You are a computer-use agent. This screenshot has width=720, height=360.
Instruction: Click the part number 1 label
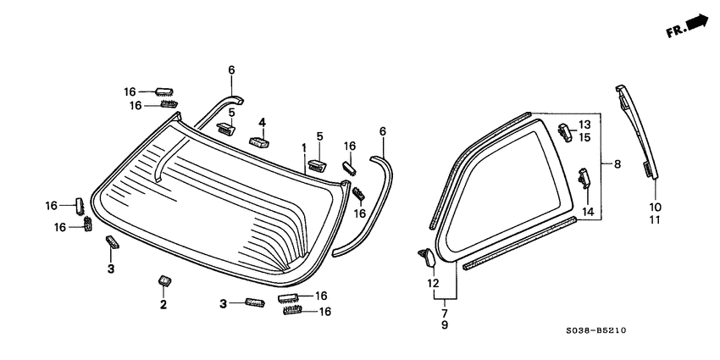tap(302, 147)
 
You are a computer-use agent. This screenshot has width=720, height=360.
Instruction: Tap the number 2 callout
tap(163, 303)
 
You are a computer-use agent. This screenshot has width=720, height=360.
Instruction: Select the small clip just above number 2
tap(164, 280)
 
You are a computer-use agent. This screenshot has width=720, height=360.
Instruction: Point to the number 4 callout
tap(263, 123)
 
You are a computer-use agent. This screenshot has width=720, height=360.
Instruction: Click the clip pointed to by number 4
tap(259, 141)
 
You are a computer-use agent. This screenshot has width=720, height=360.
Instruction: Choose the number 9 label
tap(445, 324)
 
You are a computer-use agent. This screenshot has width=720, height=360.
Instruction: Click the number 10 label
tap(655, 207)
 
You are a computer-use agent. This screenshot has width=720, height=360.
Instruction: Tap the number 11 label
tap(655, 219)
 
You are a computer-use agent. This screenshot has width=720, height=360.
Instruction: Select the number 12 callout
tap(434, 283)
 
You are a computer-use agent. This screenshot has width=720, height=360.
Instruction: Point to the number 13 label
tap(584, 125)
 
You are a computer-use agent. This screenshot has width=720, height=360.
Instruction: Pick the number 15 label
tap(584, 137)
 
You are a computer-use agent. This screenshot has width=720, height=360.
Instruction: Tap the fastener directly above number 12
tap(427, 255)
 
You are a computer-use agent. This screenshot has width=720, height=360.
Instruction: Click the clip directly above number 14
tap(584, 179)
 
